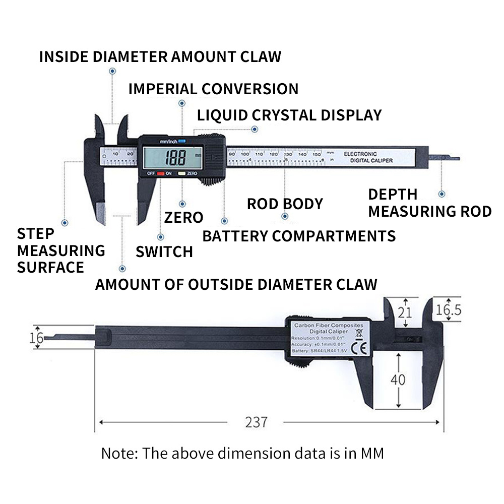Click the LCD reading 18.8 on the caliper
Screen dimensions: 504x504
[173, 157]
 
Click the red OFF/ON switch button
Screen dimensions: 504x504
[161, 173]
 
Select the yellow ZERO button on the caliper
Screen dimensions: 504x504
[180, 173]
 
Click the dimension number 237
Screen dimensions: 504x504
[256, 422]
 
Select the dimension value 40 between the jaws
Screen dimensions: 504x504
[398, 379]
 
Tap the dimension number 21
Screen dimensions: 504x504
[405, 312]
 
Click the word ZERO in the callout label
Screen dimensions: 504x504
[184, 218]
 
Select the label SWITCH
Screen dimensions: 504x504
[164, 251]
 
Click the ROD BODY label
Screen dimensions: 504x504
[285, 204]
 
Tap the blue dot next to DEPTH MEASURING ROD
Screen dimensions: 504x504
[442, 194]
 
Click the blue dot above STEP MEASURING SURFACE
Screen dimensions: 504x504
[65, 222]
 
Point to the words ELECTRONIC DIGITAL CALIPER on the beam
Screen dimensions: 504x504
[368, 157]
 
